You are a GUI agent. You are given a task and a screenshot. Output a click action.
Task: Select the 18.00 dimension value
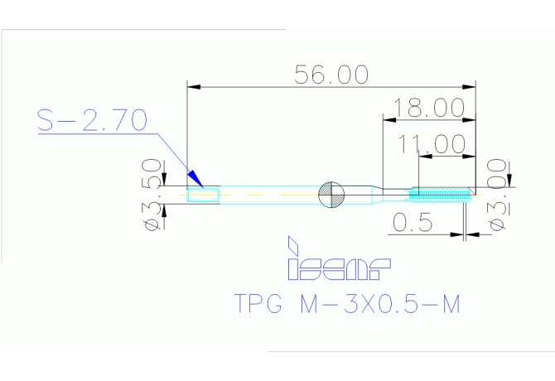click(x=428, y=108)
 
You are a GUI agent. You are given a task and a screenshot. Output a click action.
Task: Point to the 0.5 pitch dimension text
click(x=412, y=223)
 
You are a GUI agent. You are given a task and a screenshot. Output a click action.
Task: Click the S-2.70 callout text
click(x=92, y=121)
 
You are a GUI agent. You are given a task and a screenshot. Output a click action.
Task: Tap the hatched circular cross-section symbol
click(x=331, y=195)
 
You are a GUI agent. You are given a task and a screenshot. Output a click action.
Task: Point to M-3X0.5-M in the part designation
click(x=377, y=304)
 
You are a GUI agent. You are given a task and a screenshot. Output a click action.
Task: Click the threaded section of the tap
click(x=442, y=195)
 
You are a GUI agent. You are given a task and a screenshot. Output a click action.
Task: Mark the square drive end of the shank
click(x=202, y=195)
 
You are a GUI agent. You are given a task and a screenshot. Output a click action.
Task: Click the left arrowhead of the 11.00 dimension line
click(x=424, y=154)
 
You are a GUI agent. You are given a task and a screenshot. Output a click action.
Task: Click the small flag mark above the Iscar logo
click(x=291, y=246)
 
